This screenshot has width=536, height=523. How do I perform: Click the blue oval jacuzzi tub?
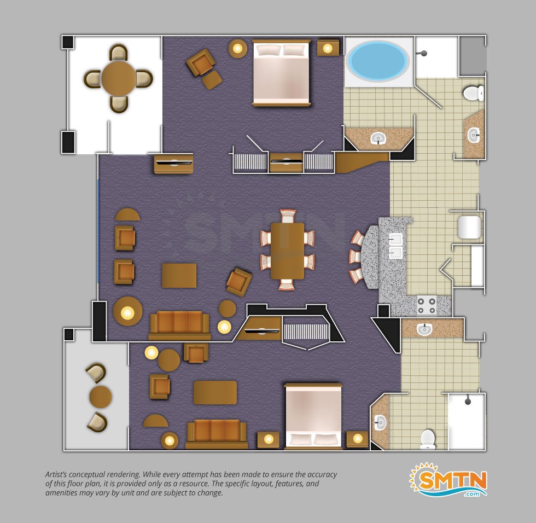coord(377,60)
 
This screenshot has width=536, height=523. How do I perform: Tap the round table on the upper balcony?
coord(118,78)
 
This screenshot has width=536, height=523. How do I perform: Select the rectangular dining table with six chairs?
coord(287,251)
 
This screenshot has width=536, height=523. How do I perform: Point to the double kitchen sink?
coord(396,246)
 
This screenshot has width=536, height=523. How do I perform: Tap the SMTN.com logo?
coord(448,480)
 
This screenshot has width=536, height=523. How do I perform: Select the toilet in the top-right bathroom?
coord(474,93)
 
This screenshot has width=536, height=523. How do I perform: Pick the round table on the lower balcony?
coord(101,397)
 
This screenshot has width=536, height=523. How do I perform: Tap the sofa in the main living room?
coord(179,326)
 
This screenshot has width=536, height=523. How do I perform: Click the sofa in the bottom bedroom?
coord(217,434)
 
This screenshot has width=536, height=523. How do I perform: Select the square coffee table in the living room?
coord(179,275)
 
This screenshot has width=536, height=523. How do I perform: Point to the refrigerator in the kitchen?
coord(469,227)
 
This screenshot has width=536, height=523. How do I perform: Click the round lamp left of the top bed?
coord(237,49)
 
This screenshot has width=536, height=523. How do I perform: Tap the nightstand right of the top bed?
coord(328,48)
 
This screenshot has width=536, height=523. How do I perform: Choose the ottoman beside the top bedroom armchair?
coord(212,80)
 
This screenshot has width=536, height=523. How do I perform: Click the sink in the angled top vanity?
coord(378,138)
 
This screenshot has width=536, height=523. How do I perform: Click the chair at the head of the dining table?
coord(288,217)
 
